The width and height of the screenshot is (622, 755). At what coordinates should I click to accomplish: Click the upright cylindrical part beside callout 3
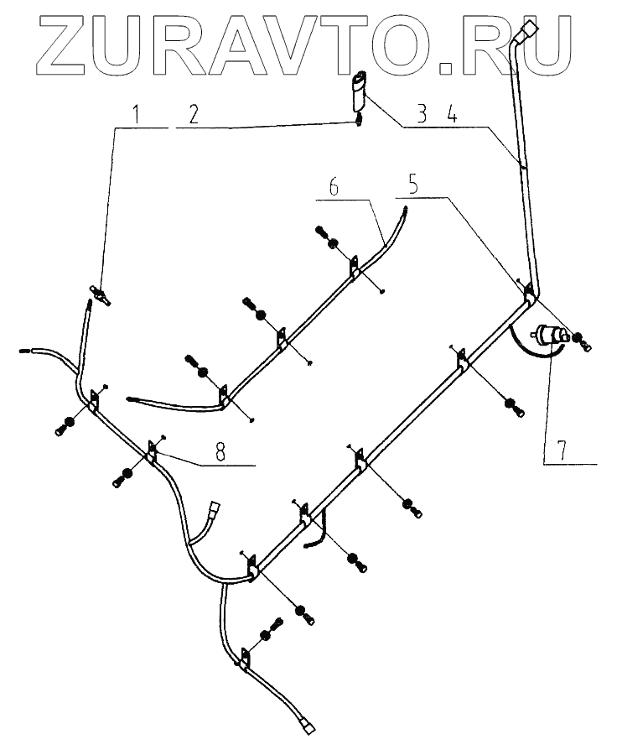(x=360, y=91)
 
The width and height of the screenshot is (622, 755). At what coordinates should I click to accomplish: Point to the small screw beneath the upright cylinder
(x=359, y=120)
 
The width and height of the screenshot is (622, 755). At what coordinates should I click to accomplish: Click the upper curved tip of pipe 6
(x=403, y=215)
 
